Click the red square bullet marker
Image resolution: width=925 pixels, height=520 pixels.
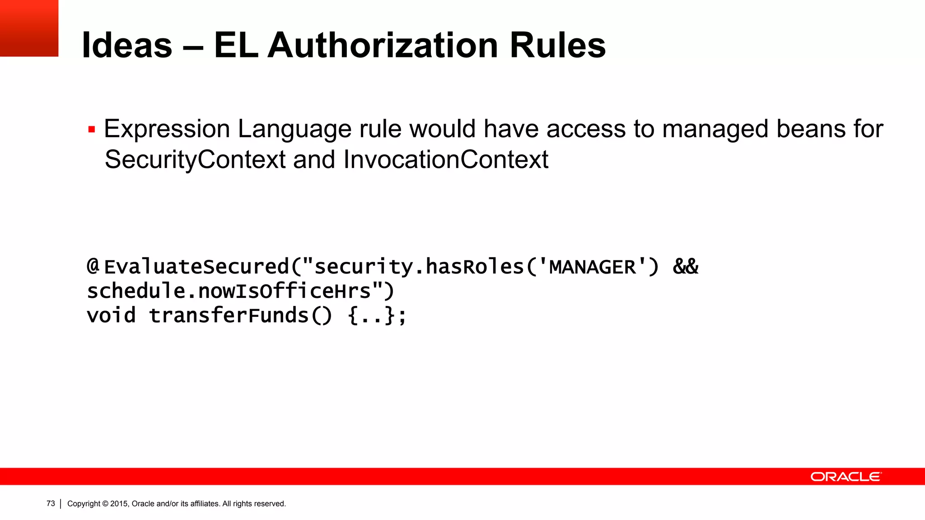point(92,130)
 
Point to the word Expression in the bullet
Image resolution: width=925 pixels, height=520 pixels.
point(167,129)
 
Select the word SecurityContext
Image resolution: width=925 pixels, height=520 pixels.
point(195,160)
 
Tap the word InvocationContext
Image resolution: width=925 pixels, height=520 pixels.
point(446,160)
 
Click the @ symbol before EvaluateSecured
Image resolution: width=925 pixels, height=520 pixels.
point(93,266)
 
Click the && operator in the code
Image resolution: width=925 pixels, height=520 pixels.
point(685,267)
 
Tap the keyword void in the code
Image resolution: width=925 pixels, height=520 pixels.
point(111,315)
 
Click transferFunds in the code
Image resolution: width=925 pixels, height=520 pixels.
point(229,315)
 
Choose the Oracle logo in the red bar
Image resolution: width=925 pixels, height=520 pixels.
point(846,477)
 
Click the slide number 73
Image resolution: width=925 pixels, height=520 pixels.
point(51,503)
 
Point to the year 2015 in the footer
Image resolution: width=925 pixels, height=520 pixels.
point(119,504)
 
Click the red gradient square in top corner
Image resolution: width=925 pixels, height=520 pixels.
point(29,28)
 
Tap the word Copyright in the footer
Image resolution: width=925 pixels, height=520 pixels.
point(84,504)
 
